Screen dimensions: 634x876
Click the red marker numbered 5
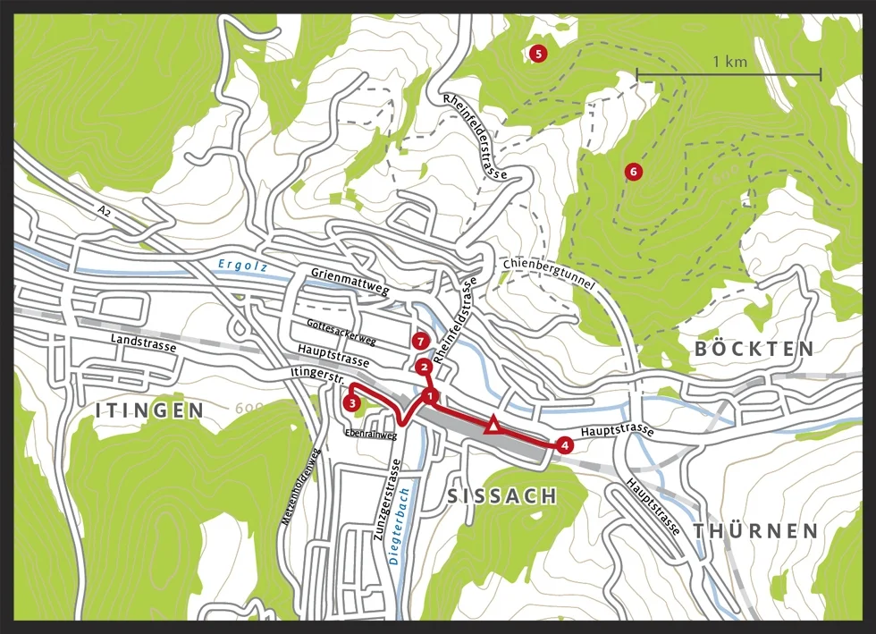coord(537,54)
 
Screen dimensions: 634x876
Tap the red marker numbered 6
coord(633,171)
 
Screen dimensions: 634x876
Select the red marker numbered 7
coord(421,341)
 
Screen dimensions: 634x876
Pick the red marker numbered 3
coord(352,403)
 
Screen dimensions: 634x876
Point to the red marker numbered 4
coord(563,444)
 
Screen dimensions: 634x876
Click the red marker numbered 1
coord(431,395)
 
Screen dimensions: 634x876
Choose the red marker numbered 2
coord(423,367)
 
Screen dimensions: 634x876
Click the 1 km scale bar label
coord(729,63)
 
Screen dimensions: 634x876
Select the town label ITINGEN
coord(149,410)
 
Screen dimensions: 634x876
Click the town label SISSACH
coord(501,496)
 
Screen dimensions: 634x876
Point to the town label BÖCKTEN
coord(754,349)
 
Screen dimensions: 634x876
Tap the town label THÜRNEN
coord(755,531)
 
